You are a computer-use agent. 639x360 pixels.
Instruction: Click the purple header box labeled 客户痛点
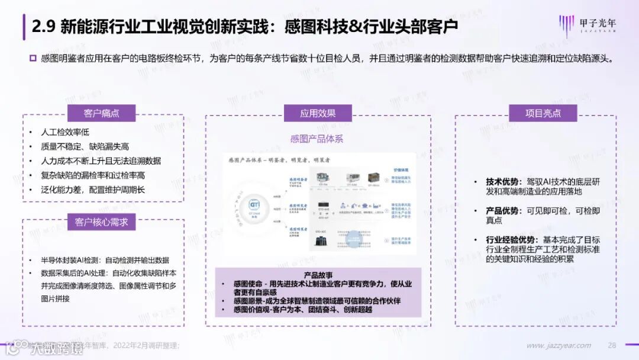[101, 113]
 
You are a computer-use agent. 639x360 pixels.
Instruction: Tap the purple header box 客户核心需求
[101, 223]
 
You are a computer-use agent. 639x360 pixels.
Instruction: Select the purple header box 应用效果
[318, 113]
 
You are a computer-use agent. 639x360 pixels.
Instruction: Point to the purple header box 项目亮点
[543, 113]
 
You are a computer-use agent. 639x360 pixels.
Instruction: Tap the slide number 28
[612, 345]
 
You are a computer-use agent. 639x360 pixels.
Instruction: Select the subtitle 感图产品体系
[317, 139]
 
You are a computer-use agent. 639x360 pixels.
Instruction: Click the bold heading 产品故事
[318, 275]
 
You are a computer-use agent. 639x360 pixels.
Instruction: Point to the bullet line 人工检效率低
[64, 133]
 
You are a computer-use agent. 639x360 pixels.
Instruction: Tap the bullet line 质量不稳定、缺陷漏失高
[85, 147]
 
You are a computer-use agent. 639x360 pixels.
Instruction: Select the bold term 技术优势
[503, 182]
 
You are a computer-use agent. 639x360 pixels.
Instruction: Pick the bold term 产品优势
[503, 211]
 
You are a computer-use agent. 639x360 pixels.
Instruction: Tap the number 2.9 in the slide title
[44, 27]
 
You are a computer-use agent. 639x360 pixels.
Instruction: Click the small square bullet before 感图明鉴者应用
[33, 59]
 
